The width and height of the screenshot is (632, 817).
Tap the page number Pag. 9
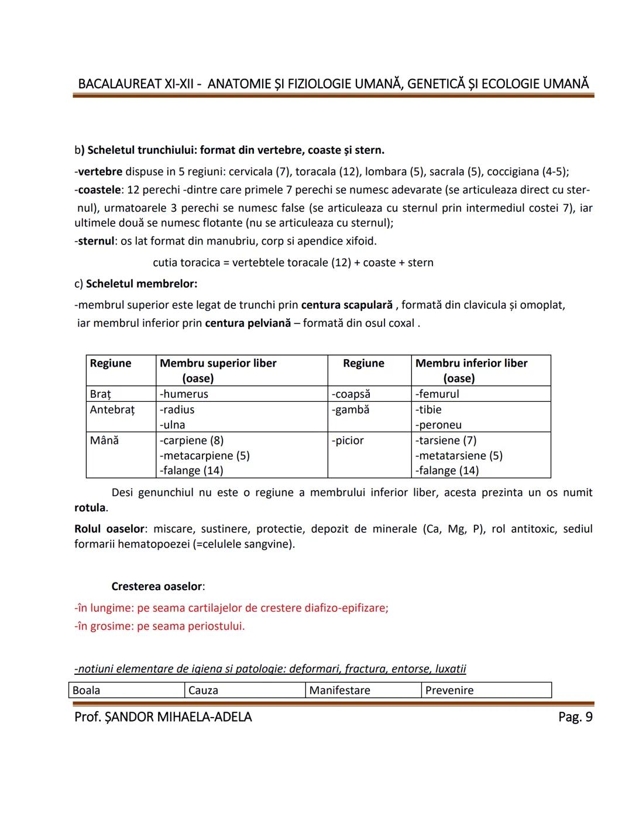pyautogui.click(x=575, y=717)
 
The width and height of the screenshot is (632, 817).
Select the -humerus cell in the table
pyautogui.click(x=184, y=394)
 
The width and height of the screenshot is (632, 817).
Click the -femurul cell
pyautogui.click(x=437, y=394)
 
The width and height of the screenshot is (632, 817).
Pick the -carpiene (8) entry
pyautogui.click(x=192, y=440)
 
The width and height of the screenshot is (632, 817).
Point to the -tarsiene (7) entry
pyautogui.click(x=446, y=440)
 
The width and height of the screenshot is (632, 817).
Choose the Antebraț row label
pyautogui.click(x=112, y=409)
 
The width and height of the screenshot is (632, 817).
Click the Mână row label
pyautogui.click(x=104, y=440)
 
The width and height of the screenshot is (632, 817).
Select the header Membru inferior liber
pyautogui.click(x=471, y=363)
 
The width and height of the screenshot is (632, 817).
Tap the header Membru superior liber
pyautogui.click(x=218, y=363)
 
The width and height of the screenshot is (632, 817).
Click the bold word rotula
pyautogui.click(x=90, y=508)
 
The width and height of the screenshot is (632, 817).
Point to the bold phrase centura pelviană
pyautogui.click(x=248, y=323)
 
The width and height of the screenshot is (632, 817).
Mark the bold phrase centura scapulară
pyautogui.click(x=346, y=305)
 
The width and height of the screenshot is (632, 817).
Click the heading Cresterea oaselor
pyautogui.click(x=157, y=587)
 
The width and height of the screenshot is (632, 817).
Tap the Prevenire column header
pyautogui.click(x=449, y=691)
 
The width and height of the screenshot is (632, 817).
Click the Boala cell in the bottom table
pyautogui.click(x=86, y=691)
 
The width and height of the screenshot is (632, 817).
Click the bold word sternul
pyautogui.click(x=96, y=241)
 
